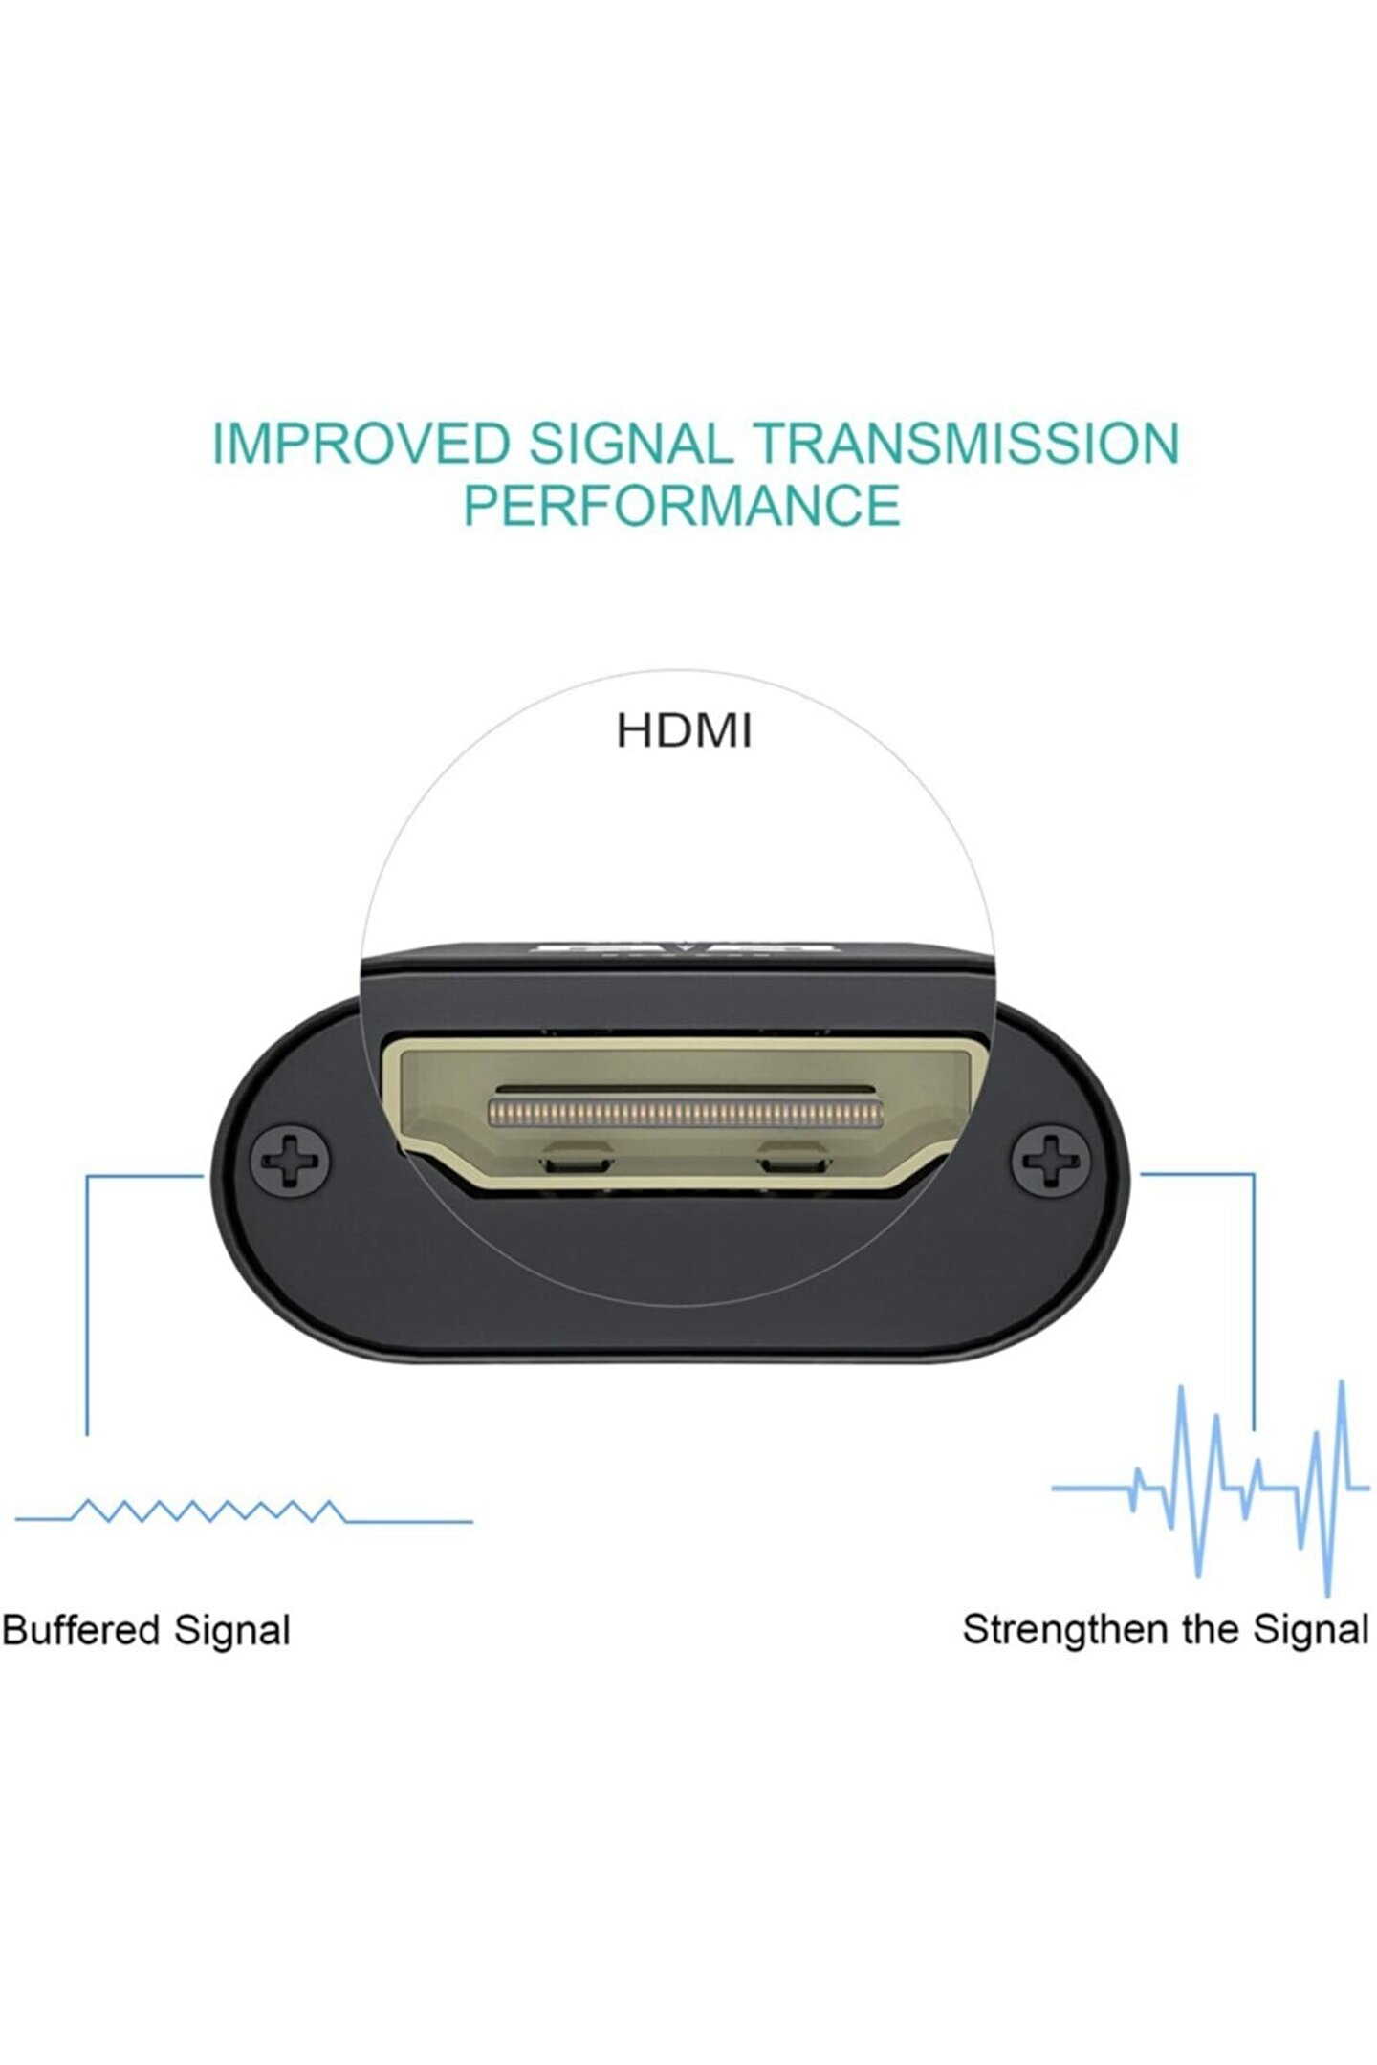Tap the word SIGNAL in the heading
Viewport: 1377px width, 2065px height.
(x=630, y=444)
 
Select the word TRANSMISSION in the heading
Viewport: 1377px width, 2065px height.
(x=966, y=444)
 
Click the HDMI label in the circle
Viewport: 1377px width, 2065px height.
(x=684, y=730)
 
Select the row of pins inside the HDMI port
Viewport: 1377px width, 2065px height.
(x=686, y=1112)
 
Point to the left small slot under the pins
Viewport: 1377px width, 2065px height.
(x=576, y=1163)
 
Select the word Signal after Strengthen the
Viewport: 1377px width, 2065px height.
(x=1311, y=1630)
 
